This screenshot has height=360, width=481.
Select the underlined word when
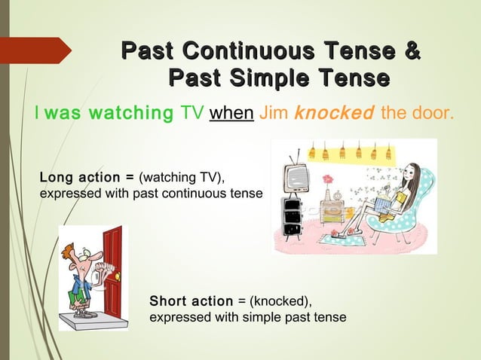point(231,114)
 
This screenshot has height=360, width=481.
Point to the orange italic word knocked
point(333,114)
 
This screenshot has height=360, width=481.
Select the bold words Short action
point(191,301)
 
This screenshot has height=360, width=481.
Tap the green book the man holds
point(78,297)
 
